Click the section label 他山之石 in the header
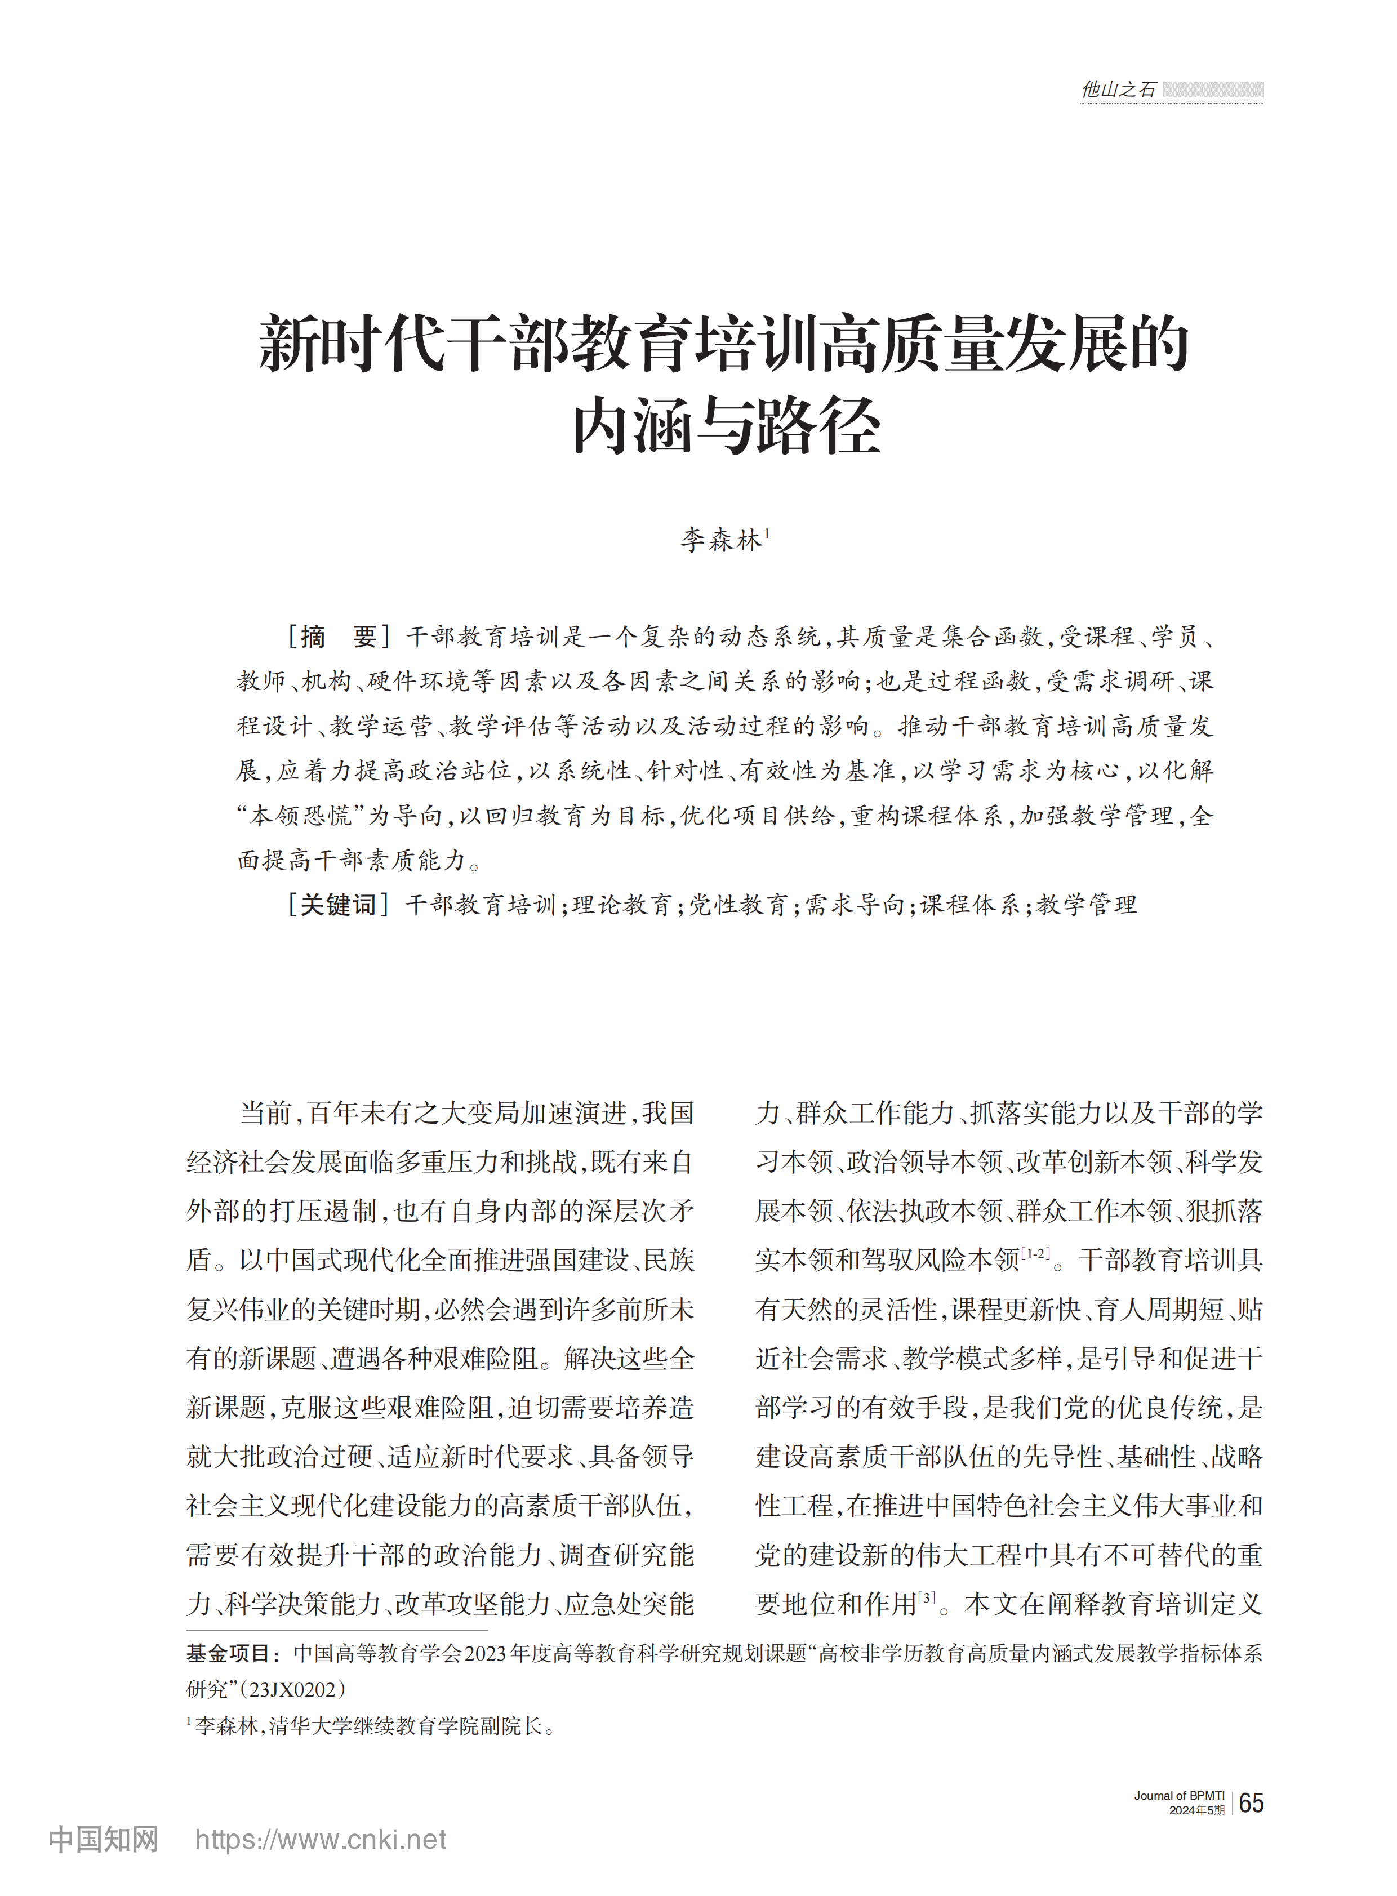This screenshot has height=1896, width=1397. (x=1118, y=90)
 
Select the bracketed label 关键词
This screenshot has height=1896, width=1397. (x=337, y=905)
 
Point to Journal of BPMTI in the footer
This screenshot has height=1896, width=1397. (x=1179, y=1795)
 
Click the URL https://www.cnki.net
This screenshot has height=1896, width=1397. (x=321, y=1839)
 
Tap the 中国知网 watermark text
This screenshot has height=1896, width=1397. (x=103, y=1839)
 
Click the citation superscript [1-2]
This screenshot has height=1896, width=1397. (x=1035, y=1254)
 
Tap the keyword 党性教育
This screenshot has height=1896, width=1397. (x=737, y=905)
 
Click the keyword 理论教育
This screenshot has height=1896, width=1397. (x=621, y=905)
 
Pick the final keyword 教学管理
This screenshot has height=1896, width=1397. (x=1087, y=905)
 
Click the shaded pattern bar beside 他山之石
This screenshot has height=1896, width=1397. (x=1213, y=90)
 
